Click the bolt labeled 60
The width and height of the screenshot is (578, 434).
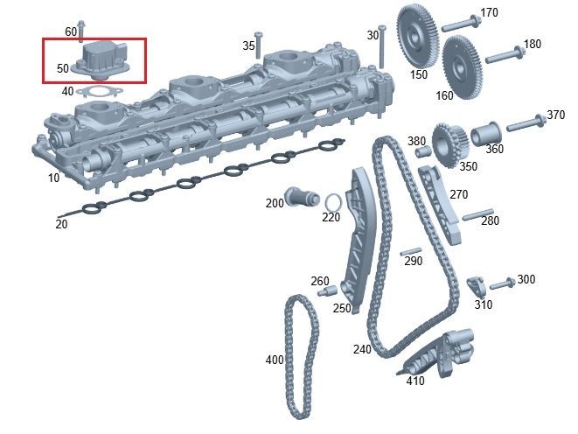point(81,31)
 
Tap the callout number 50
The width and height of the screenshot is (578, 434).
point(63,68)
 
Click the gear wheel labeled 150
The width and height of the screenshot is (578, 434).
point(418,36)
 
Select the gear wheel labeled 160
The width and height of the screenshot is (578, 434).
point(460,67)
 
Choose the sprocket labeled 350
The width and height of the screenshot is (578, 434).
point(449,145)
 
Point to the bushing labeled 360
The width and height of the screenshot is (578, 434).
point(485,134)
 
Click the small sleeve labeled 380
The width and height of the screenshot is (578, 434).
point(423,151)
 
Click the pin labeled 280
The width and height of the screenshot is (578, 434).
point(477,214)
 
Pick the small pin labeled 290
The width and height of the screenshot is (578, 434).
point(411,251)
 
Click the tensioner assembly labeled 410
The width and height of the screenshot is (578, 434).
point(439,354)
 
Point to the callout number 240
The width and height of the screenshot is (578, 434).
point(362,349)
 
